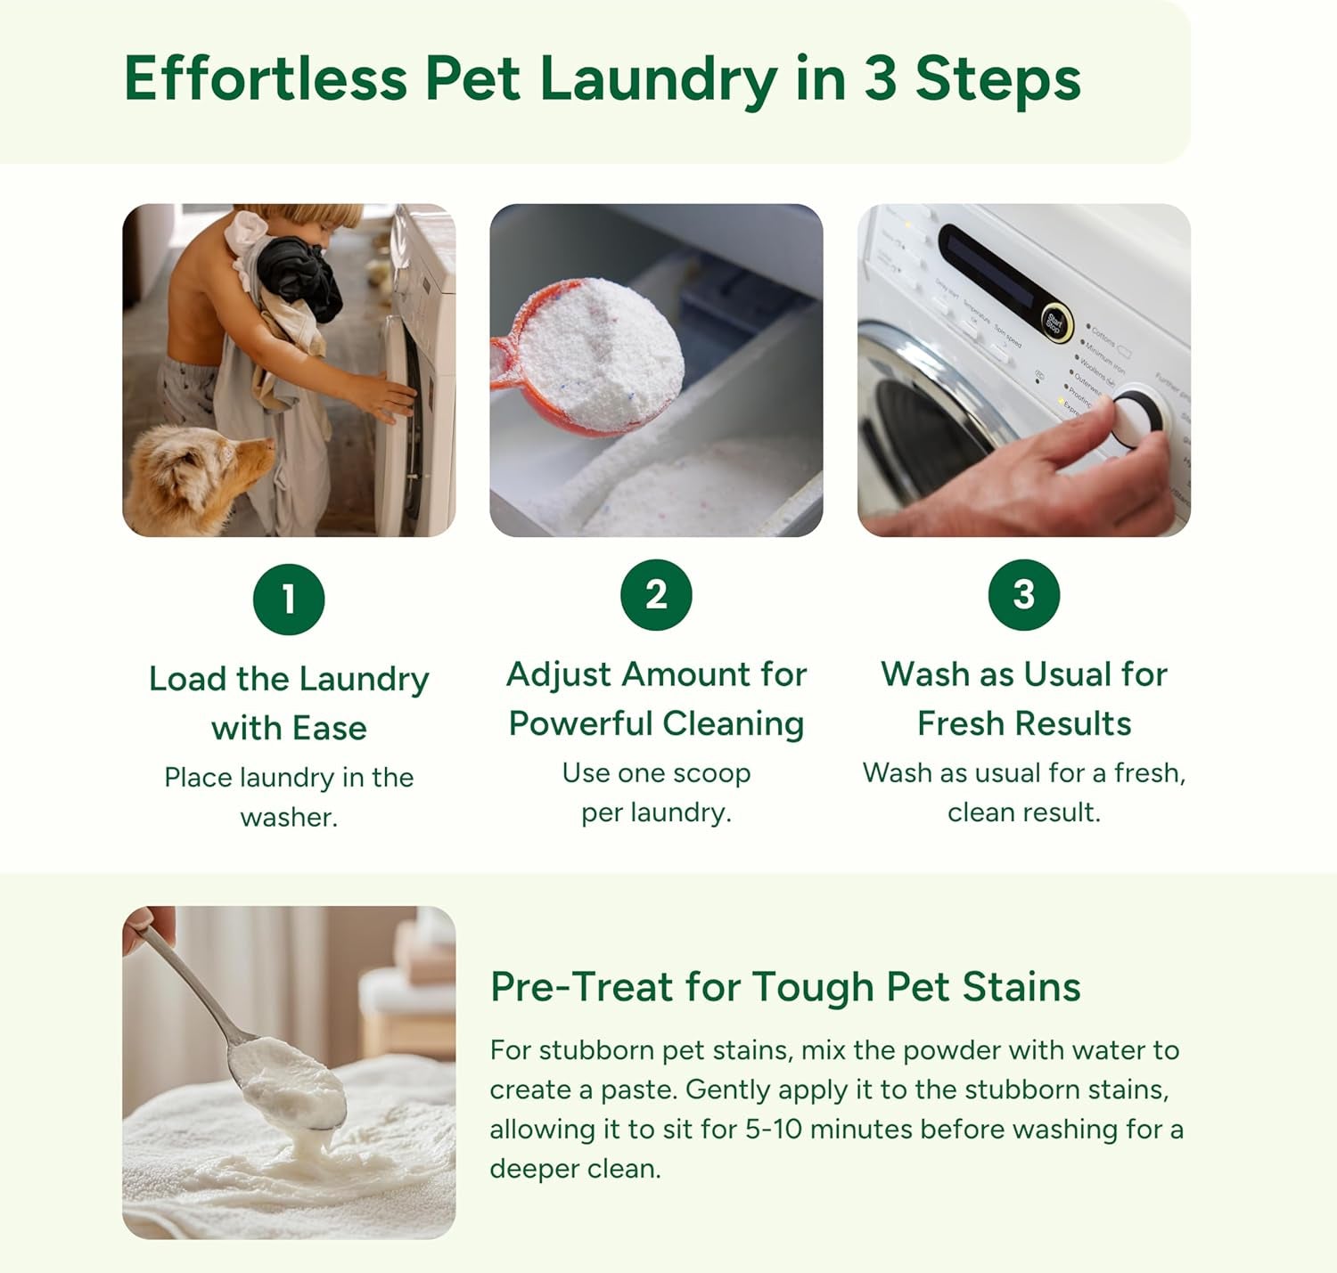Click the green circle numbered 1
289,599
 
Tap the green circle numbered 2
656,594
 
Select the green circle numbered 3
1023,594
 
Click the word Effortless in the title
265,78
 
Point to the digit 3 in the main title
880,78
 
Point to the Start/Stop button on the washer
1054,322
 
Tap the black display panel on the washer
989,272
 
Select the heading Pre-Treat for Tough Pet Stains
784,987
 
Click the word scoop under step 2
712,773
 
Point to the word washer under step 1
289,817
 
